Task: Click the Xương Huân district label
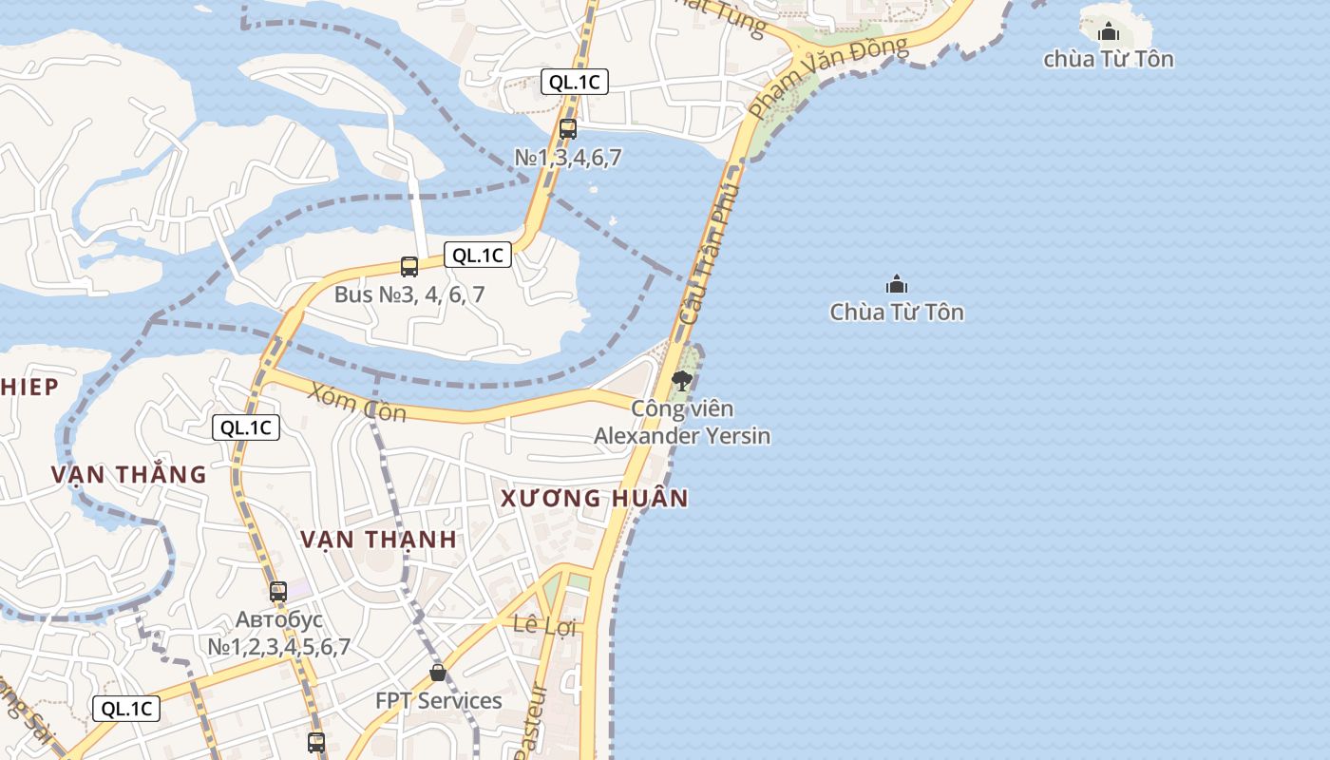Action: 594,498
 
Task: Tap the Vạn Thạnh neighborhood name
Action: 379,539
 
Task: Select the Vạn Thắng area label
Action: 128,474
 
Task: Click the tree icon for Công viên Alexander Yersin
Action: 681,381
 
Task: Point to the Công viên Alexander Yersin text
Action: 682,423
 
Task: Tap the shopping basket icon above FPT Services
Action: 438,673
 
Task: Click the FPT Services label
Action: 438,701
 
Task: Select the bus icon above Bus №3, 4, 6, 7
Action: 409,267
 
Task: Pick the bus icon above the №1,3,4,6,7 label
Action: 568,129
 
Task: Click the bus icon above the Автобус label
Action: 278,591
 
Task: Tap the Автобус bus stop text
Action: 279,633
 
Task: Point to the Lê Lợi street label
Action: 544,626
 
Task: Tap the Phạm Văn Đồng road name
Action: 826,76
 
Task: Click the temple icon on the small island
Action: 1109,33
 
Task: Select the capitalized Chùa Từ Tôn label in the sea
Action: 897,312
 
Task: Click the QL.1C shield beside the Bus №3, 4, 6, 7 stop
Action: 477,255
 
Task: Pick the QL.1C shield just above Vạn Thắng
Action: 245,427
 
